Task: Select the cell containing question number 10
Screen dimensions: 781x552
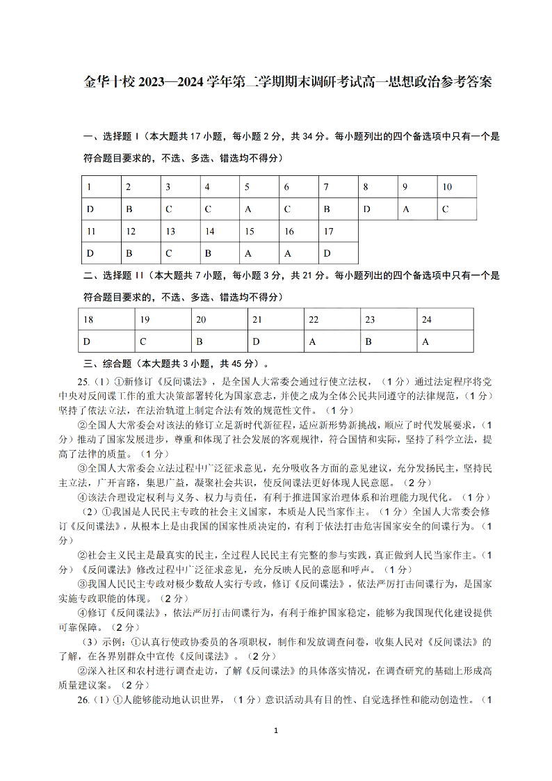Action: [457, 187]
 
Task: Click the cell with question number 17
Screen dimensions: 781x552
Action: [339, 231]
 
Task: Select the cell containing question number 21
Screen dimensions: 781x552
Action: [276, 319]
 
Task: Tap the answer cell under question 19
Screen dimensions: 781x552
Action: [163, 341]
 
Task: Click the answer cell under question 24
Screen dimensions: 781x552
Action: [445, 341]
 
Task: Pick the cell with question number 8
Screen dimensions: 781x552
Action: [378, 187]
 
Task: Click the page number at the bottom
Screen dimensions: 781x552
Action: [276, 730]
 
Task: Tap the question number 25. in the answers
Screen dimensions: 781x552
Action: [84, 381]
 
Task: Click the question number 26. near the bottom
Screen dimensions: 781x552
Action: [84, 700]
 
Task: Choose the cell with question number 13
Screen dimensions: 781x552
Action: [180, 231]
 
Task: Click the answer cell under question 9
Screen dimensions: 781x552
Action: [418, 209]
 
